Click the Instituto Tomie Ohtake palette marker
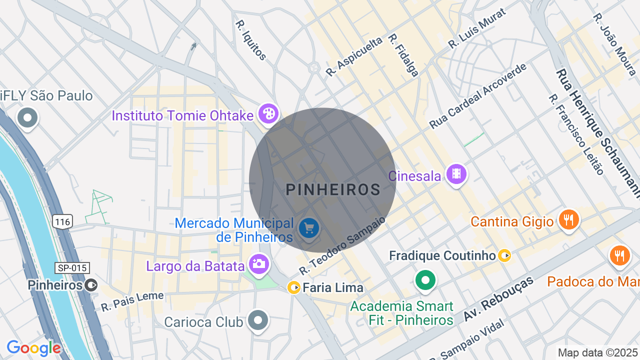point(268,113)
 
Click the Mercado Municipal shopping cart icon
point(309,228)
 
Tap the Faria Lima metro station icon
point(294,287)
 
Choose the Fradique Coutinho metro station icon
point(504,256)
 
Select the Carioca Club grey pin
point(258,320)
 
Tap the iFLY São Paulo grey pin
point(27,118)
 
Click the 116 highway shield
point(64,221)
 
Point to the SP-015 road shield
point(72,268)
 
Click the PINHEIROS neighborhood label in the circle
point(333,189)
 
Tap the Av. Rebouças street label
point(498,298)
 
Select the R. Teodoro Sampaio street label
point(343,245)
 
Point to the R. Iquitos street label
point(251,40)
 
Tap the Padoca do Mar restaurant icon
point(620,255)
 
